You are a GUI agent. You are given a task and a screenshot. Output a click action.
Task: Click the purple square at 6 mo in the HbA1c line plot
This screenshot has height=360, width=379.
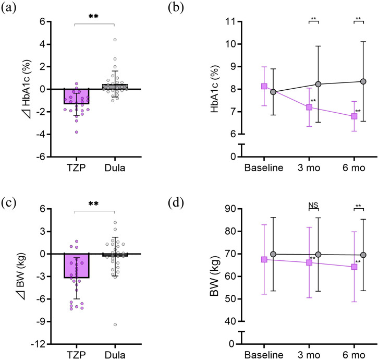354,116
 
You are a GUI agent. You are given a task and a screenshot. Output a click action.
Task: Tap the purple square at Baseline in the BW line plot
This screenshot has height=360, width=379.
264,259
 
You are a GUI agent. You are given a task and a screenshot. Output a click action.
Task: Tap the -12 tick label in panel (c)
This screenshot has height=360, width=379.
42,344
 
